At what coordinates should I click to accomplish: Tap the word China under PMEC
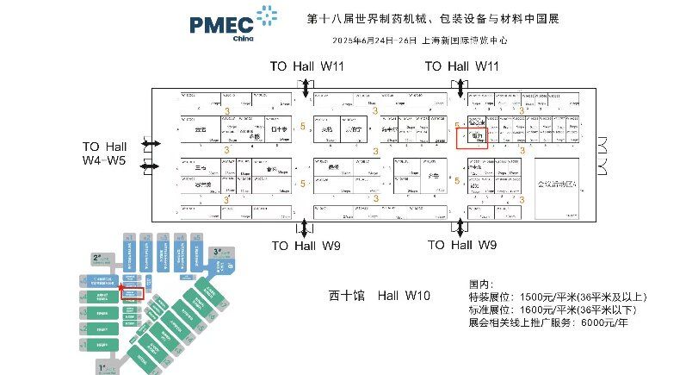pos(244,39)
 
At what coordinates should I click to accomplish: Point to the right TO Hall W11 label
pos(462,66)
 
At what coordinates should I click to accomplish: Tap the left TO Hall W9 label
pos(306,247)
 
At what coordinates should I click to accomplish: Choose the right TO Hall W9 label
pos(462,247)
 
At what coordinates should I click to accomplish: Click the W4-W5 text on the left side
pos(104,160)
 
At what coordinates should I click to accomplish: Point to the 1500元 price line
pos(558,297)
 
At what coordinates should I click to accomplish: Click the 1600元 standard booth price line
pos(558,309)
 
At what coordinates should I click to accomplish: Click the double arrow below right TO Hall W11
pos(462,87)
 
